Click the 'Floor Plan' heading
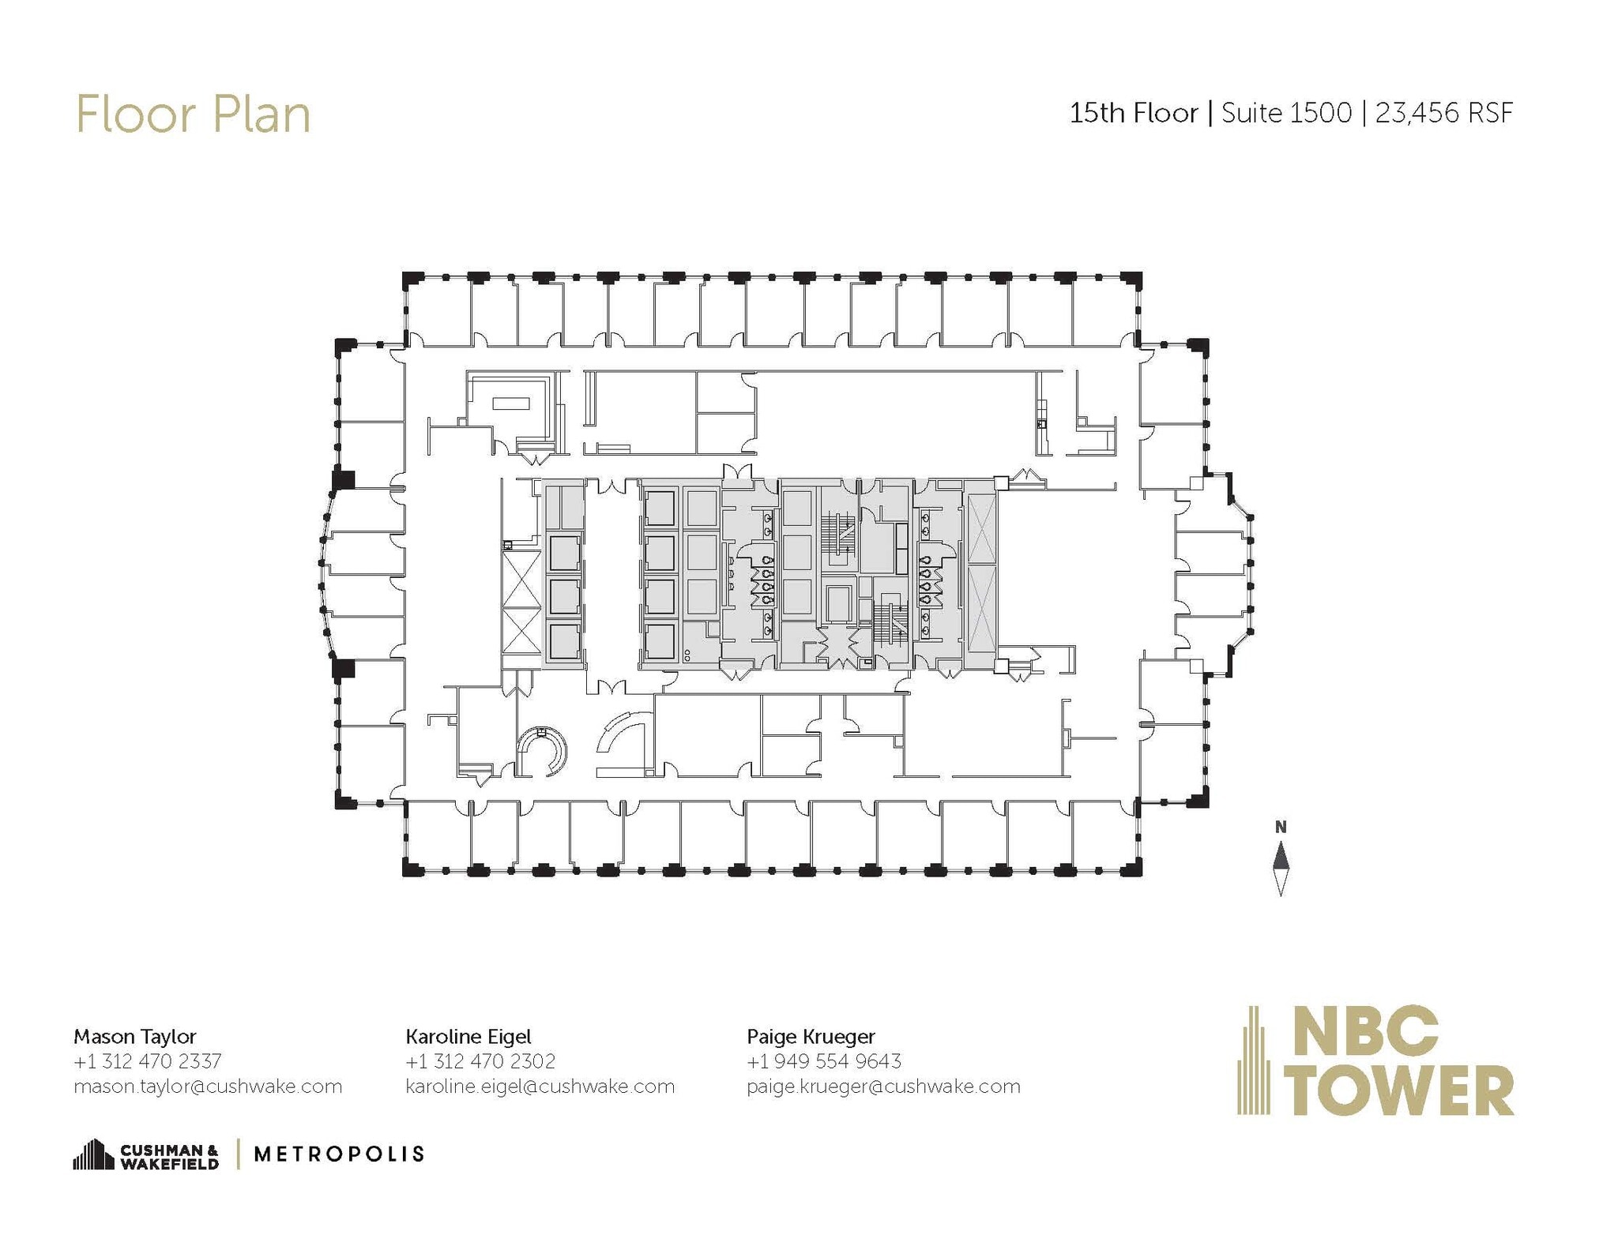click(193, 115)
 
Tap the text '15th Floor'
click(1133, 114)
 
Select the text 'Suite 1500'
click(1286, 114)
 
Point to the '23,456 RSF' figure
click(1443, 114)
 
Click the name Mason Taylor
click(135, 1036)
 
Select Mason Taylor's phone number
click(148, 1060)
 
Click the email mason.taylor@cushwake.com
click(208, 1087)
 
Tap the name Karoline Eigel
click(468, 1036)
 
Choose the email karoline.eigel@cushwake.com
click(540, 1087)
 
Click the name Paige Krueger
click(811, 1036)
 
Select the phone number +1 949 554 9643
click(824, 1060)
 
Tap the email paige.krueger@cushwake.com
click(883, 1087)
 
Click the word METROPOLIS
click(339, 1154)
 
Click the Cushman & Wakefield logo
click(146, 1155)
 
